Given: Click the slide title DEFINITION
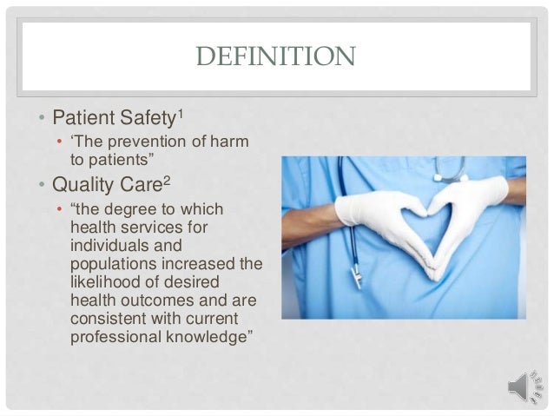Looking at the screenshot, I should (x=276, y=58).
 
